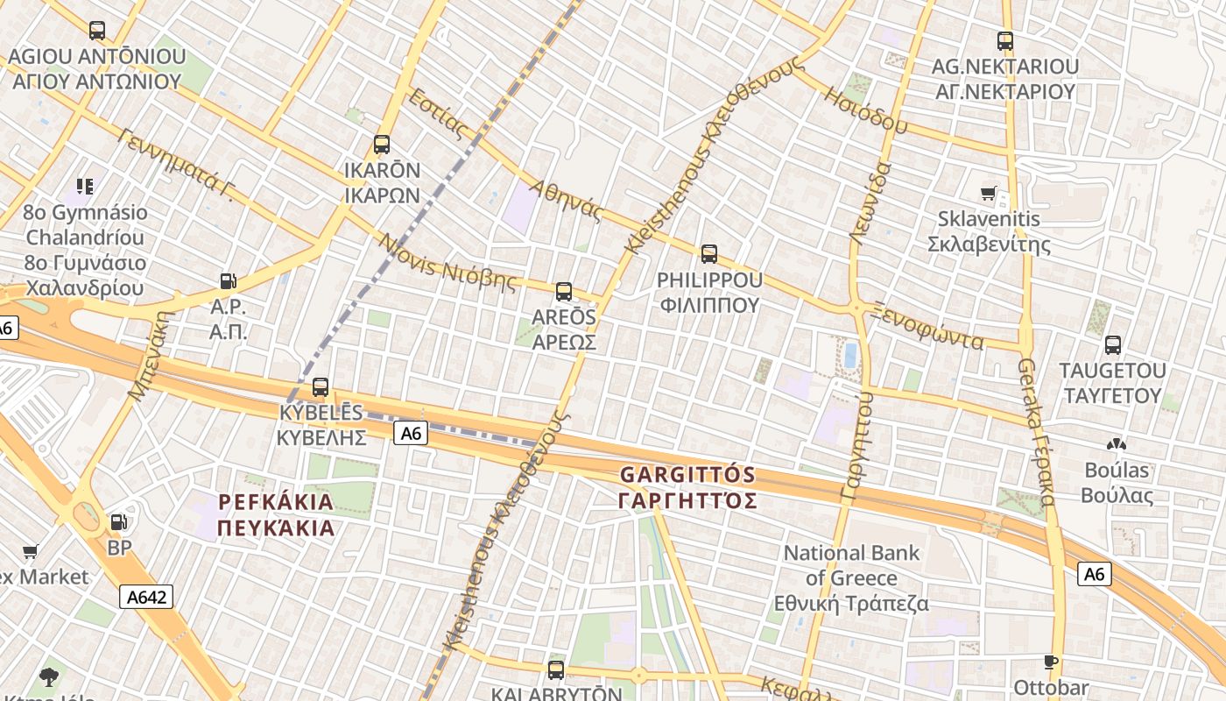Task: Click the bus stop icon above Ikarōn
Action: pyautogui.click(x=382, y=145)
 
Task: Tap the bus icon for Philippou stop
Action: pyautogui.click(x=709, y=254)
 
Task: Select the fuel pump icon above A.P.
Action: pyautogui.click(x=228, y=281)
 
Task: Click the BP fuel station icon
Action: pyautogui.click(x=118, y=522)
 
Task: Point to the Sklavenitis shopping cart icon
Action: pyautogui.click(x=989, y=193)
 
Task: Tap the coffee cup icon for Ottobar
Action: pyautogui.click(x=1051, y=662)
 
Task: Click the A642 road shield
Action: pyautogui.click(x=146, y=597)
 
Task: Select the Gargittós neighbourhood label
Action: pyautogui.click(x=687, y=488)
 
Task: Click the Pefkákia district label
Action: pyautogui.click(x=277, y=515)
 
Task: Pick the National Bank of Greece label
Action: pyautogui.click(x=851, y=578)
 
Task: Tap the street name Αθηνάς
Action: pyautogui.click(x=567, y=200)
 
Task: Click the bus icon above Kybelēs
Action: pyautogui.click(x=321, y=386)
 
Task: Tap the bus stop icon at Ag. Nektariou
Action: pyautogui.click(x=1005, y=40)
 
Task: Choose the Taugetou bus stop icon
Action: pyautogui.click(x=1113, y=344)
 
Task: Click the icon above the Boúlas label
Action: pyautogui.click(x=1116, y=444)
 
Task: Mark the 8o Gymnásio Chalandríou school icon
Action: pyautogui.click(x=85, y=186)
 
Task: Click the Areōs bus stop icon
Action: pyautogui.click(x=564, y=292)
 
